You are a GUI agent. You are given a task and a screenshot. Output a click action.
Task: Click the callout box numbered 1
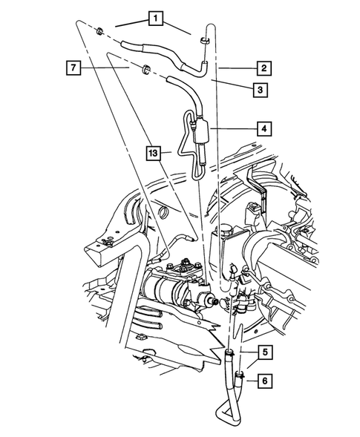coord(154,16)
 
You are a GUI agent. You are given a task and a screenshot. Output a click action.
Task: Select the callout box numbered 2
coord(263,69)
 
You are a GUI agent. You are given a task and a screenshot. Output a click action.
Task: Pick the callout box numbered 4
coord(263,128)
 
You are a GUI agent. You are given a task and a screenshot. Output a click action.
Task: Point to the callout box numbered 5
coord(263,352)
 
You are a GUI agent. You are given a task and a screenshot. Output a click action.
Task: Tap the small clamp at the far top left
coord(99,31)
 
